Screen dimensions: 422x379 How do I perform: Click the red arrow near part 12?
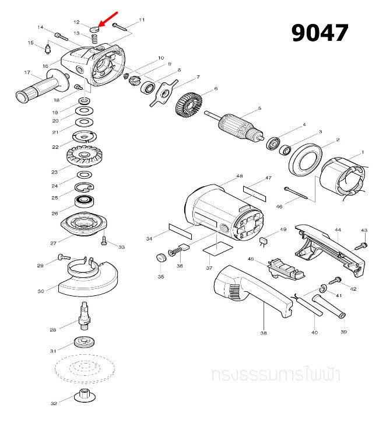coord(107,19)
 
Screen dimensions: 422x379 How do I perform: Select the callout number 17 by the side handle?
coord(27,72)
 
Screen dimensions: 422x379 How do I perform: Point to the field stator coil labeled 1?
coord(346,177)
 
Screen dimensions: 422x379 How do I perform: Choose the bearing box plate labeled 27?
coord(86,224)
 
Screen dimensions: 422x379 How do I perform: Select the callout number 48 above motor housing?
coord(239,176)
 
